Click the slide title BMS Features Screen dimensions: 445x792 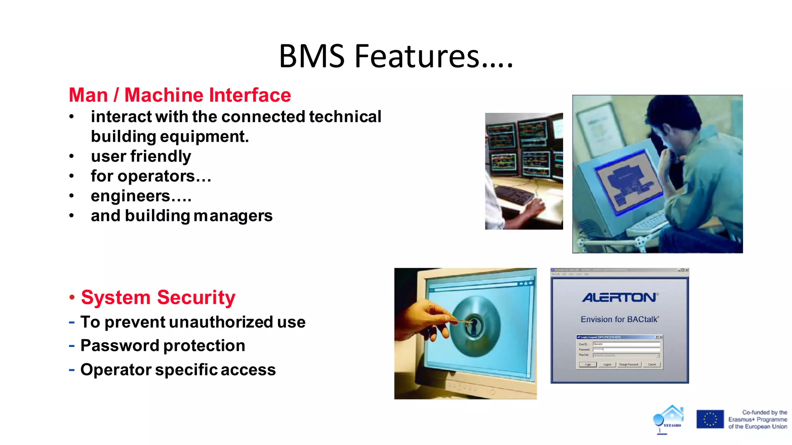(396, 56)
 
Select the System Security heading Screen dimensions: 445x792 (158, 297)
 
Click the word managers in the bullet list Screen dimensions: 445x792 (233, 216)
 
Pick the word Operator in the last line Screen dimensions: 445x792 (116, 370)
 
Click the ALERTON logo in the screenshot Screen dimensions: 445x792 (620, 297)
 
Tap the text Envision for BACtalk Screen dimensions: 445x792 (620, 319)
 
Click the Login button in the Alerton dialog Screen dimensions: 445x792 (588, 365)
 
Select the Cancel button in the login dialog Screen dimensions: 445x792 (652, 365)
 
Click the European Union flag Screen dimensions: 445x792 (710, 419)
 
